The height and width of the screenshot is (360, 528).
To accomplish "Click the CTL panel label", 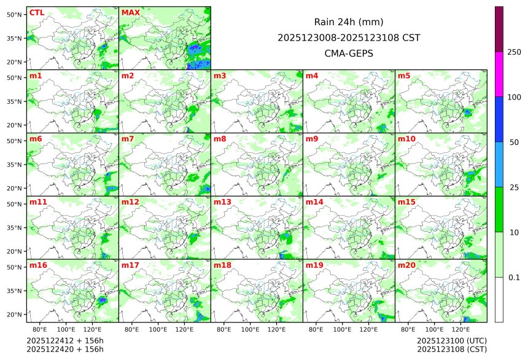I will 37,13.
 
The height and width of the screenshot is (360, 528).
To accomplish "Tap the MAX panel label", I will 131,13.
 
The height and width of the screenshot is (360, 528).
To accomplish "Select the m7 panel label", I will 128,139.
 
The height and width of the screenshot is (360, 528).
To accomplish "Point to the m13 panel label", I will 222,202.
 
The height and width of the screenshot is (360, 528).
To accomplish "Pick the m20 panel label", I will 406,265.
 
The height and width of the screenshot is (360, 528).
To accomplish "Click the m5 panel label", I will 404,76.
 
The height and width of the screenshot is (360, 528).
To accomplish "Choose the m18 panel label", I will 222,265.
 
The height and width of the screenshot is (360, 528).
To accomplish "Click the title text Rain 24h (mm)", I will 349,22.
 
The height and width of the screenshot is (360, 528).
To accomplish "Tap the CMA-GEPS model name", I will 349,53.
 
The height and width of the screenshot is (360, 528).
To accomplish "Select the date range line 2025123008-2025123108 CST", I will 349,37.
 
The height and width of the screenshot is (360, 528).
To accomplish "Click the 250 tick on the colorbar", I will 514,52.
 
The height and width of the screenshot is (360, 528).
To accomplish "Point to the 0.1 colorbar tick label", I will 514,277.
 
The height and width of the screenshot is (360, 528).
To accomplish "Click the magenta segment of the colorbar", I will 499,74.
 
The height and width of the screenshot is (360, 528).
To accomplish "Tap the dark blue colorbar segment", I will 499,119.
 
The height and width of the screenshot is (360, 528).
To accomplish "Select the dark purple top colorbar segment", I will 499,29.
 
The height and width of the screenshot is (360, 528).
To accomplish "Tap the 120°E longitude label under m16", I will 92,330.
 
